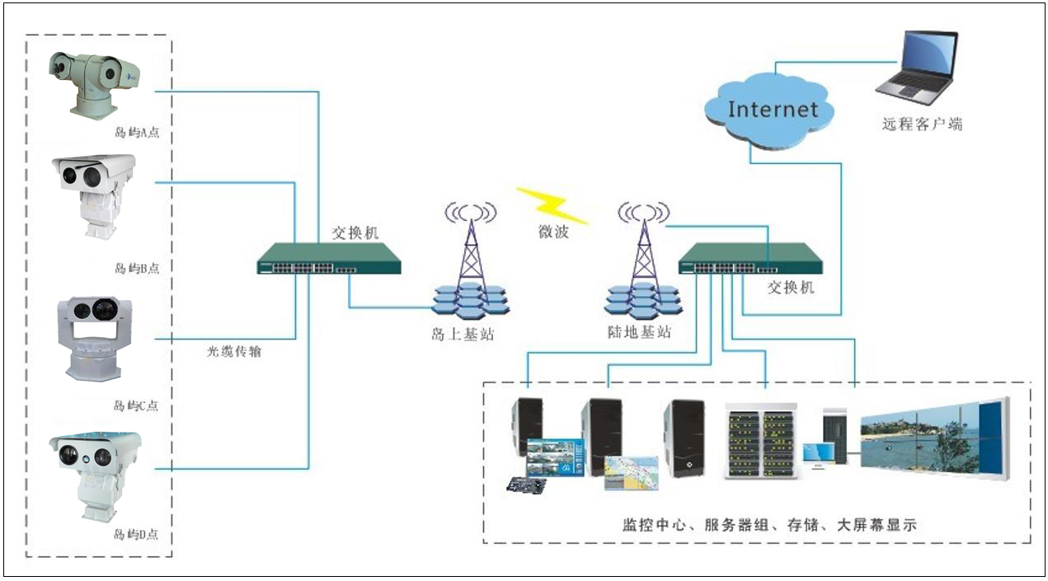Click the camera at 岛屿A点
pos(92,82)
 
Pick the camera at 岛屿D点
pos(93,474)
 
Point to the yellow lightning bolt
pos(552,205)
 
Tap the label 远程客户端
pos(923,125)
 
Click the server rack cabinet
pos(760,441)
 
